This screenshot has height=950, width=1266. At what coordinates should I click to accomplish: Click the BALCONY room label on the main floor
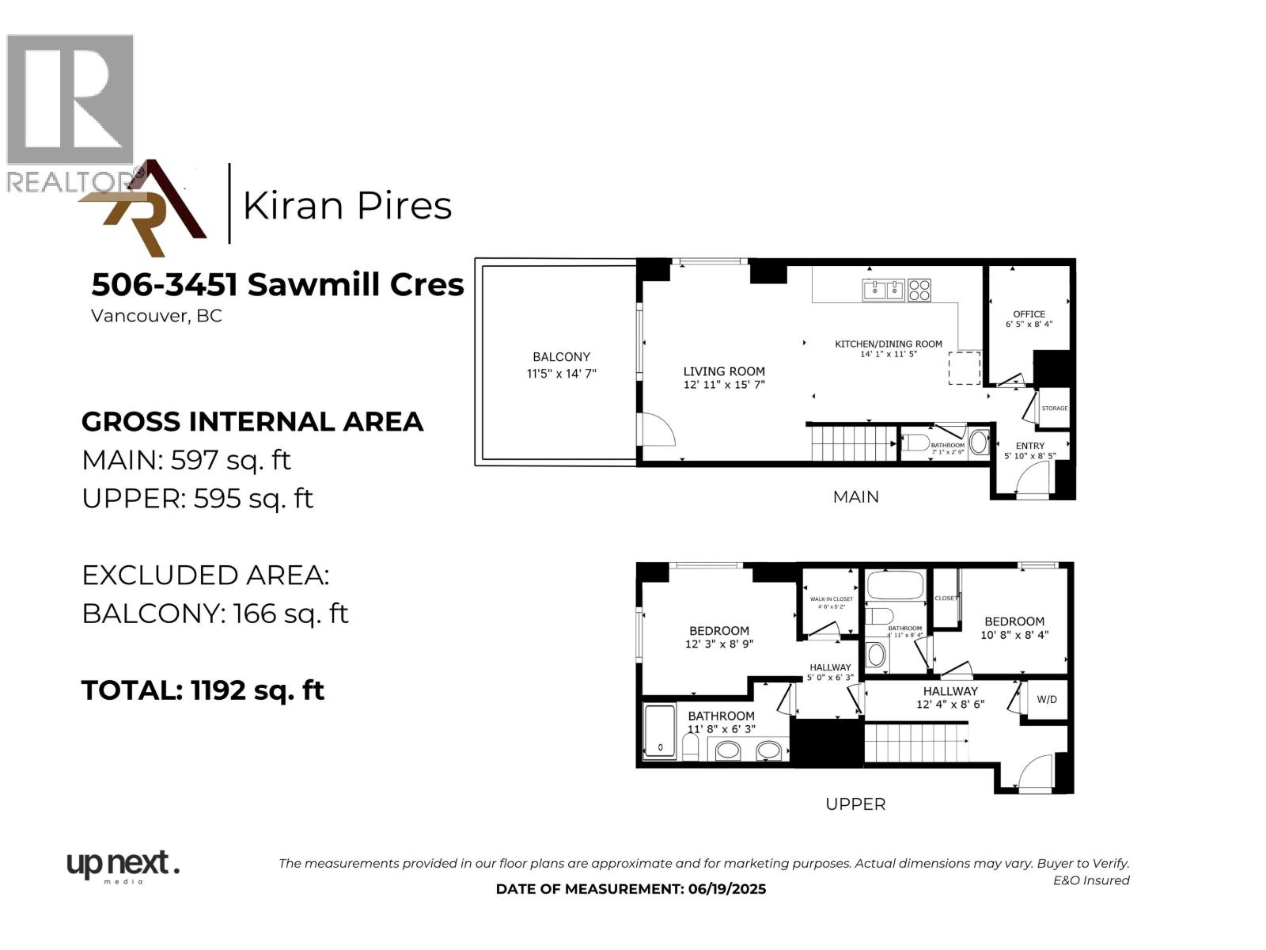561,357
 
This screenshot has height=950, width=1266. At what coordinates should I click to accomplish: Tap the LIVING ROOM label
724,371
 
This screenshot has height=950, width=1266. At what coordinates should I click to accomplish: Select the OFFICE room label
1029,314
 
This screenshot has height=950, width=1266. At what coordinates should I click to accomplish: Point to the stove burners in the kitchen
919,291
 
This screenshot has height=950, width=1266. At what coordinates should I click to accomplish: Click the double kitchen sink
884,291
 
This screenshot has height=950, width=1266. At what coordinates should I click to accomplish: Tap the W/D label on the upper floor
1047,700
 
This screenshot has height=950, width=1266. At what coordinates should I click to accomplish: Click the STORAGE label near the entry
1055,408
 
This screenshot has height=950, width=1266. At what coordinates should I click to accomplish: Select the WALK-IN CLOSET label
831,599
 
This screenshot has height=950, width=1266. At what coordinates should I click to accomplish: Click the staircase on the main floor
853,443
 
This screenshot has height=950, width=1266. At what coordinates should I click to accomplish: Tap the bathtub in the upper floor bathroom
895,587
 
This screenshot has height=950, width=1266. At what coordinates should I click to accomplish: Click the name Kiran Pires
347,206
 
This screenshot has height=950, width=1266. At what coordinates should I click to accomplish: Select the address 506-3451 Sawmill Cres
277,284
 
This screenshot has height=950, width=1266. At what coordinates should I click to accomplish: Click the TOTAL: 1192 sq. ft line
203,690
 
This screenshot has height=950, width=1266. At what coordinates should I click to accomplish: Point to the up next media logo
122,865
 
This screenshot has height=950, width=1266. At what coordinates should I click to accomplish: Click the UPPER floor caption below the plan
855,804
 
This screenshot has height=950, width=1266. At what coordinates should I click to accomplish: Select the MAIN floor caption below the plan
855,497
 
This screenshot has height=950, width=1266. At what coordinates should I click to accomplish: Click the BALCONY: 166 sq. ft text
215,614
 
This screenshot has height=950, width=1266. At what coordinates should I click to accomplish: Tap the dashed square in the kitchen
965,368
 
